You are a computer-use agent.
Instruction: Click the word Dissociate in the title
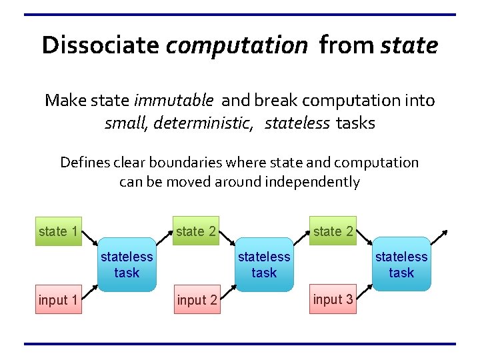[x=100, y=45]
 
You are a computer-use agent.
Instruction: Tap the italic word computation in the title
[x=237, y=46]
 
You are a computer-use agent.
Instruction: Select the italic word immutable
[x=173, y=101]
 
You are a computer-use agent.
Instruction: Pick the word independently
[x=313, y=182]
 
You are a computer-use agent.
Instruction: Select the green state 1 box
[x=59, y=231]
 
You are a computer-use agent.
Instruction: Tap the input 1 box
[x=59, y=300]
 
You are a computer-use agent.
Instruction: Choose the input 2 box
[x=197, y=300]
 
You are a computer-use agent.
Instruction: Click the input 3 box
[x=333, y=299]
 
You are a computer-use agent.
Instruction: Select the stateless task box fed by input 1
[x=127, y=265]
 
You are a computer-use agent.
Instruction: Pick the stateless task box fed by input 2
[x=264, y=265]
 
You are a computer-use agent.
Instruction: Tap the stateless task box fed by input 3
[x=401, y=265]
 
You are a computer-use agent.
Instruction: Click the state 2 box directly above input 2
[x=196, y=231]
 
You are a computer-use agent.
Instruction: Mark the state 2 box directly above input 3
[x=333, y=231]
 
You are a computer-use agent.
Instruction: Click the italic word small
[x=121, y=123]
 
